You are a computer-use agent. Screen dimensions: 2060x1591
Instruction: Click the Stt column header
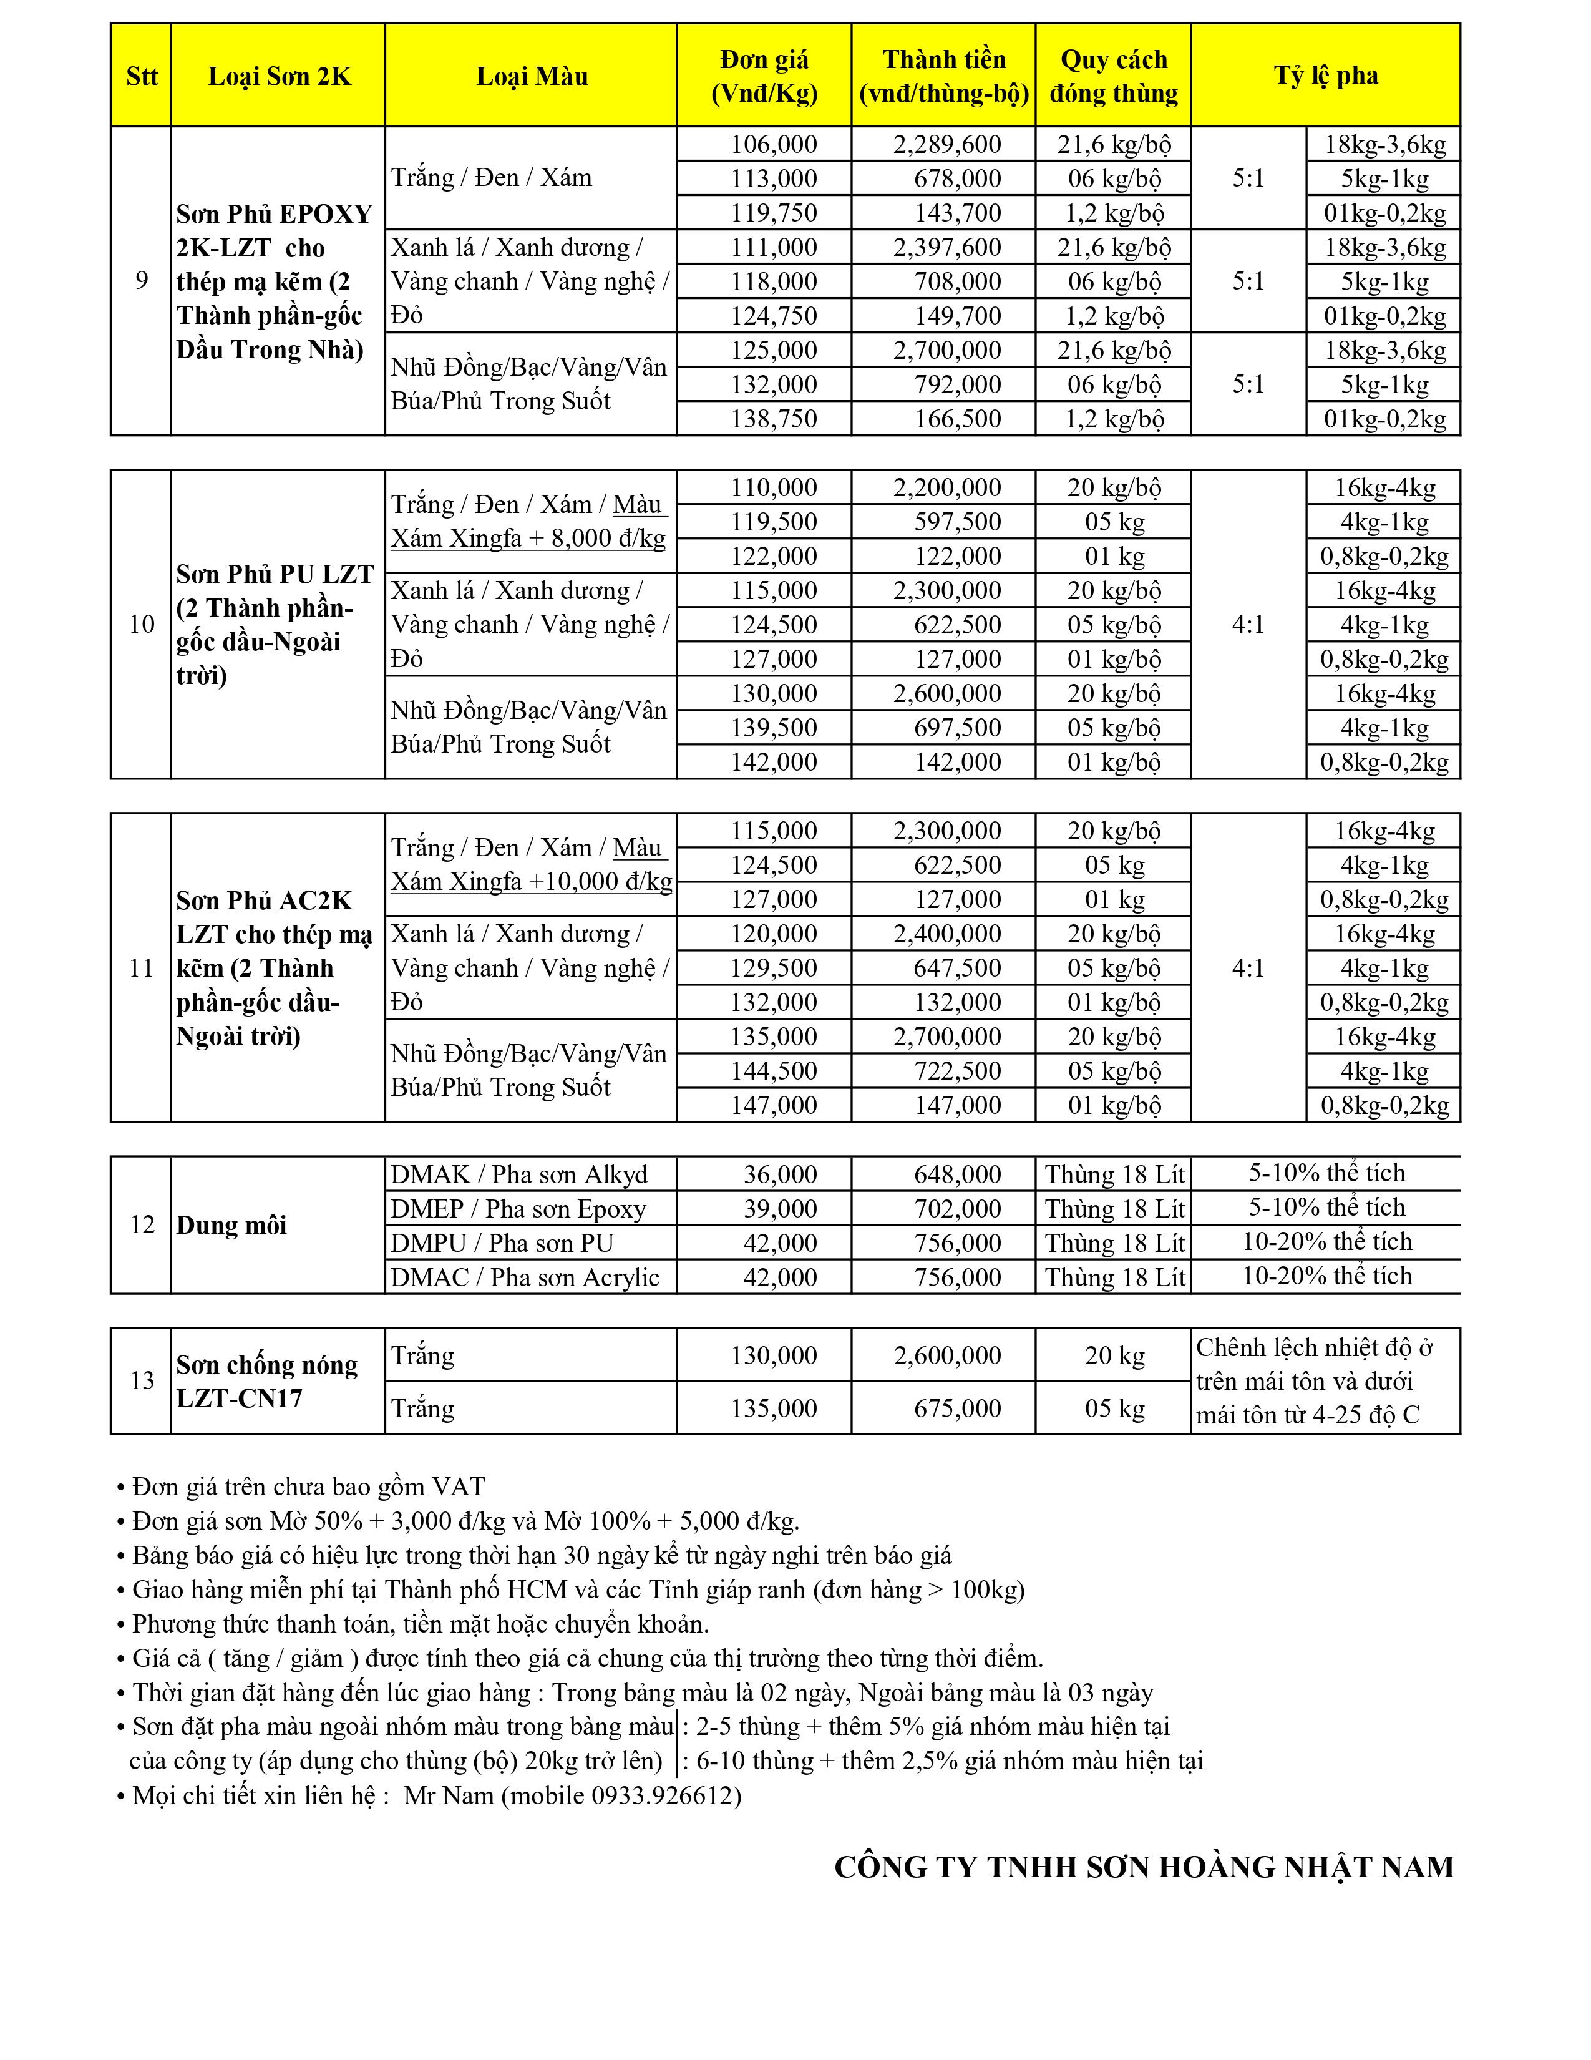(142, 76)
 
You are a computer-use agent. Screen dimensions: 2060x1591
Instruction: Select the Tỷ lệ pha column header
(1325, 76)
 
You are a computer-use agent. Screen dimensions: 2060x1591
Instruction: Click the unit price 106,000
(773, 144)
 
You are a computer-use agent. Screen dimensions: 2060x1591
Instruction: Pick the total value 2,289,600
(947, 144)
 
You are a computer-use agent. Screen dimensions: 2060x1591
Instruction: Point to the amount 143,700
(957, 213)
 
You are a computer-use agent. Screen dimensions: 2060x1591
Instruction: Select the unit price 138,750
(773, 419)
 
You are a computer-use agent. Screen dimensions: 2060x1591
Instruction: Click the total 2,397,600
(947, 247)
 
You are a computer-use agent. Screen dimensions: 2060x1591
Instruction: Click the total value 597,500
(957, 522)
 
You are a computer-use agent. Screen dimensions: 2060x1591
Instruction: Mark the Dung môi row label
(231, 1225)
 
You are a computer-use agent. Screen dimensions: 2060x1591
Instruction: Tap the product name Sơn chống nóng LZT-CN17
(267, 1381)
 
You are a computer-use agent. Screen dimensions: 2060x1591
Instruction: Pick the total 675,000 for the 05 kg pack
(957, 1408)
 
